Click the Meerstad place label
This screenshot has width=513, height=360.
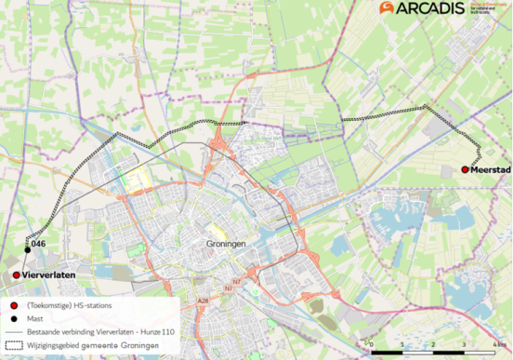pos(489,169)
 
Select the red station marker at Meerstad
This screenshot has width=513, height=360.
pos(464,169)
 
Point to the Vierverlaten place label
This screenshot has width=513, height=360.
pos(46,275)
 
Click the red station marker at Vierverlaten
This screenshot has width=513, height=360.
pos(16,275)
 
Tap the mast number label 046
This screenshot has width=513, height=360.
pos(38,244)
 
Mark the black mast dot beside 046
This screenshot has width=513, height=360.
pos(28,248)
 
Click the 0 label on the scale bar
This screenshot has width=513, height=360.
pos(371,343)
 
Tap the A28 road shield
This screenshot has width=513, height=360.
pos(204,301)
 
